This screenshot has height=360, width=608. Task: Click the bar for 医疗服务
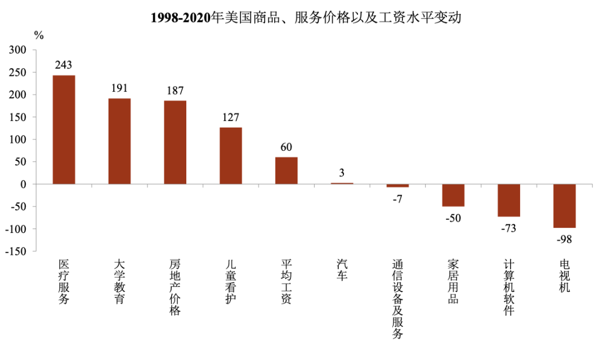coord(64,130)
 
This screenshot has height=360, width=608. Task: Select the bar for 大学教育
coord(119,141)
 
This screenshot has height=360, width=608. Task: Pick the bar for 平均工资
coord(286,170)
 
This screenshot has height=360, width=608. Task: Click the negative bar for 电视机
coord(565,206)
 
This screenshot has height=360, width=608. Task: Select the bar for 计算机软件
coord(509,200)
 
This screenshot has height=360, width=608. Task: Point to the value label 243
coord(64,65)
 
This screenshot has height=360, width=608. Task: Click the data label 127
coord(231,118)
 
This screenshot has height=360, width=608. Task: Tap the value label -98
coord(565,239)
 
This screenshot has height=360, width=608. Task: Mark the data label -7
coord(397,199)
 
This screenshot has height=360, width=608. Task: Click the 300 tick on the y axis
coord(17,50)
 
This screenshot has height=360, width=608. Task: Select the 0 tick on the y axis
coord(23,184)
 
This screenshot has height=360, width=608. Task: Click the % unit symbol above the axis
coord(39,35)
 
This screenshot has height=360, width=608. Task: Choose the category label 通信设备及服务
coord(397,299)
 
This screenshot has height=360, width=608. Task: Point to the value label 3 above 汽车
coord(342,173)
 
